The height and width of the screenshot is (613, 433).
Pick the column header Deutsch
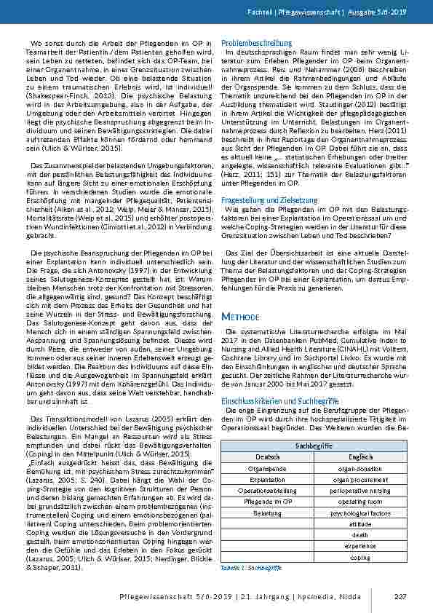coord(267,456)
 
